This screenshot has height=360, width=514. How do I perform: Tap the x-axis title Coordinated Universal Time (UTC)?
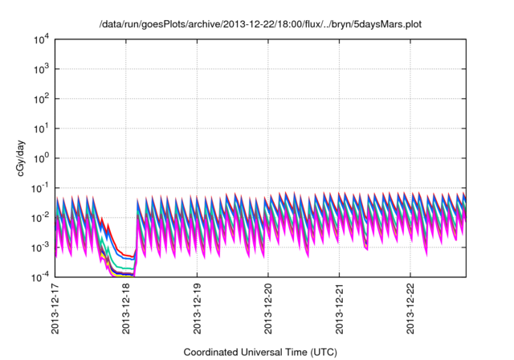click(260, 352)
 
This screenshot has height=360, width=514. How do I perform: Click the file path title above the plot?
click(260, 25)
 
